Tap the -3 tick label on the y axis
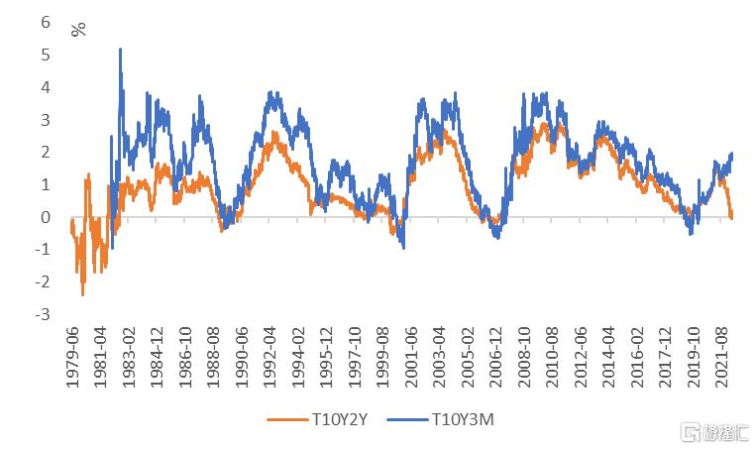pos(42,314)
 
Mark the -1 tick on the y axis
pos(42,250)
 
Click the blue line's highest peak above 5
pos(120,49)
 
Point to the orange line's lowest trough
pos(82,294)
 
